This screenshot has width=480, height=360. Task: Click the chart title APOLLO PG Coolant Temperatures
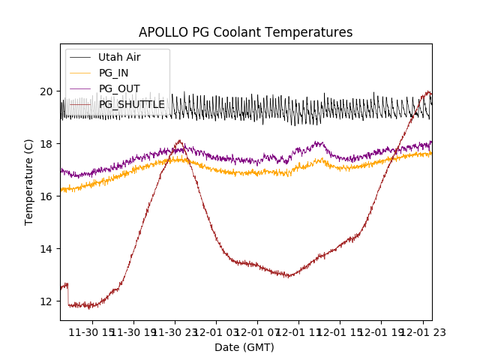click(245, 33)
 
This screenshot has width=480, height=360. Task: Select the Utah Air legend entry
click(119, 57)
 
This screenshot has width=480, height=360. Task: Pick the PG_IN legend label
click(113, 73)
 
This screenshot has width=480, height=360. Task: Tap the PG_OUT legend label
click(119, 88)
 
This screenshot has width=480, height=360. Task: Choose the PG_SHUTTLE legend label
click(131, 104)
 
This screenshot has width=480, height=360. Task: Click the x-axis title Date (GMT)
click(244, 347)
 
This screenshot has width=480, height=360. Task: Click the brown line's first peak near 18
click(179, 141)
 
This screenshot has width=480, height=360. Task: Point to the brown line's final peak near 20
click(428, 92)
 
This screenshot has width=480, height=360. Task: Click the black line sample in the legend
click(80, 57)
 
